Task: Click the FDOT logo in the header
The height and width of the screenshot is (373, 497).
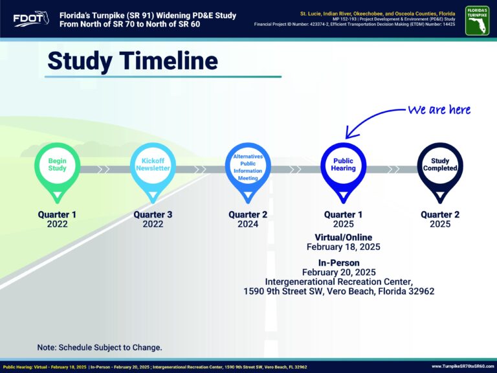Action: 31,19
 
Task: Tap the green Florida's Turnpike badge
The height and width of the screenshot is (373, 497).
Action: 477,21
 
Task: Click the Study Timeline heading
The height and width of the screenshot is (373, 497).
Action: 133,61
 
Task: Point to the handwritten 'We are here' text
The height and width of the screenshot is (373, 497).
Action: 439,109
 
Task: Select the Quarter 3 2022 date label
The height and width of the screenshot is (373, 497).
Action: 153,219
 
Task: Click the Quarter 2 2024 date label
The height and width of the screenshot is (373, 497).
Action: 248,219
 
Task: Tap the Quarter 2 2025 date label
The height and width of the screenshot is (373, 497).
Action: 440,219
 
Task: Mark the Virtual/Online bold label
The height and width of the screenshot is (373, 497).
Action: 343,237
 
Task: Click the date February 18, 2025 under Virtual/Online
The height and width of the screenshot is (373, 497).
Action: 343,247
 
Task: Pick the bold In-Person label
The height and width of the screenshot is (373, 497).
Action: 339,263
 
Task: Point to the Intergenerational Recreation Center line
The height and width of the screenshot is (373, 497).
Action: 339,282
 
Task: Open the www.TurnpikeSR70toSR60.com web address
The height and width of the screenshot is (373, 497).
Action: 463,367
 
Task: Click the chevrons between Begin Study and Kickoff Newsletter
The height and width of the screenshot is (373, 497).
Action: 104,170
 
